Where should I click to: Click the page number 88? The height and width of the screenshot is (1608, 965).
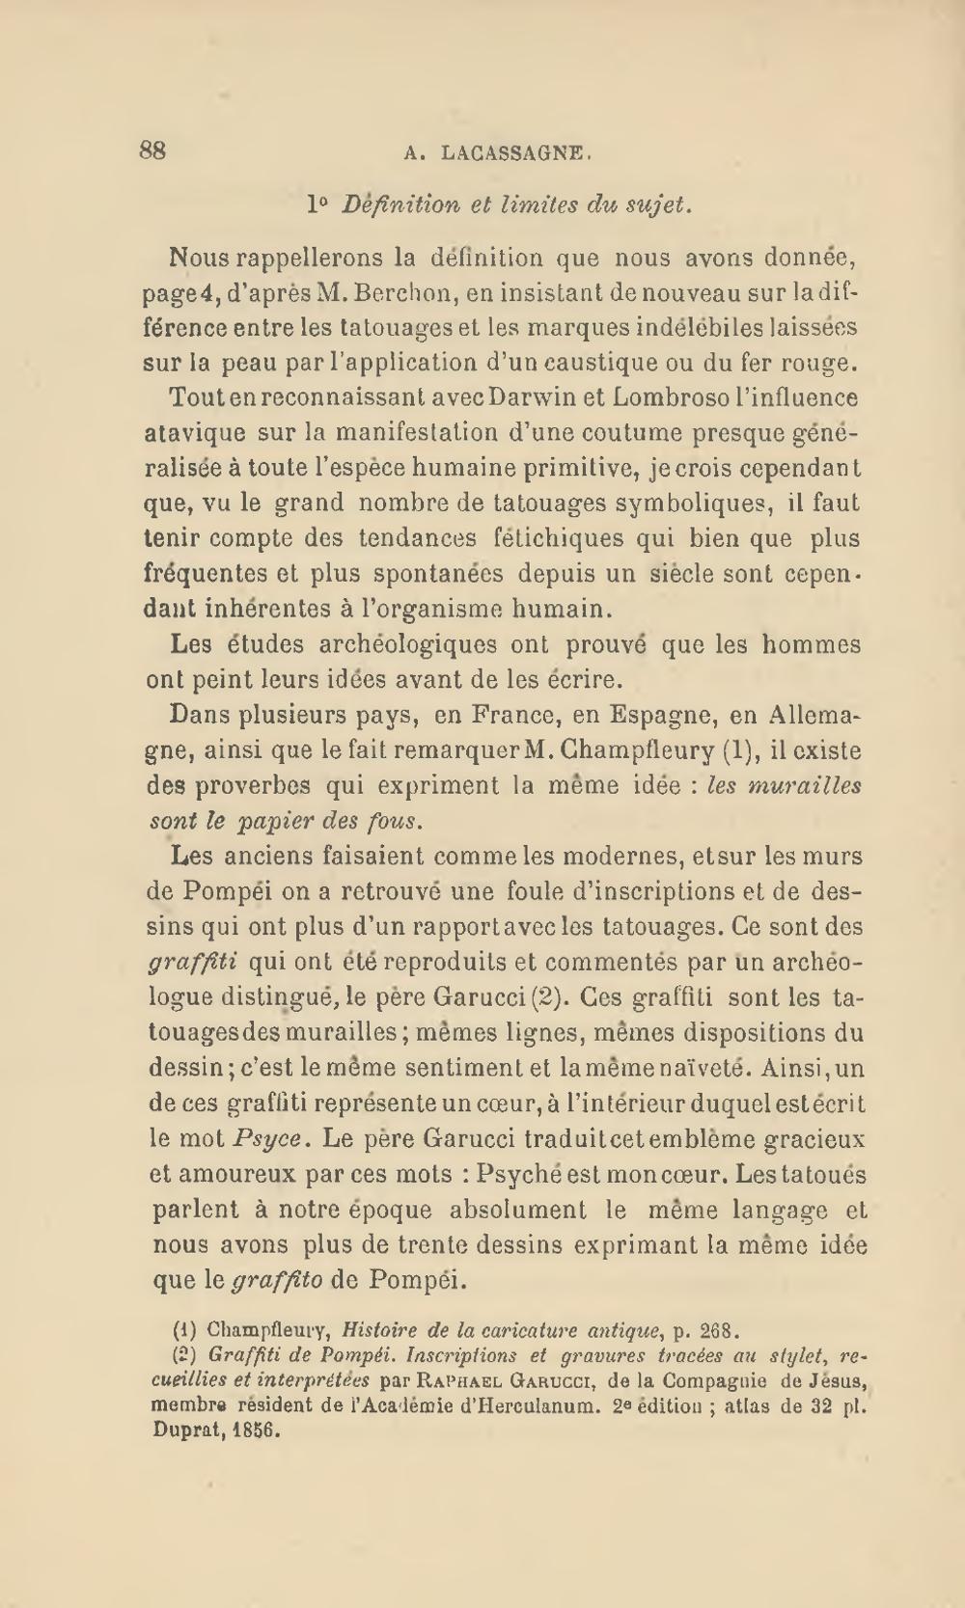coord(153,150)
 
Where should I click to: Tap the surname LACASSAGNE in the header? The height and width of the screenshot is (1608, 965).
coord(510,151)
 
